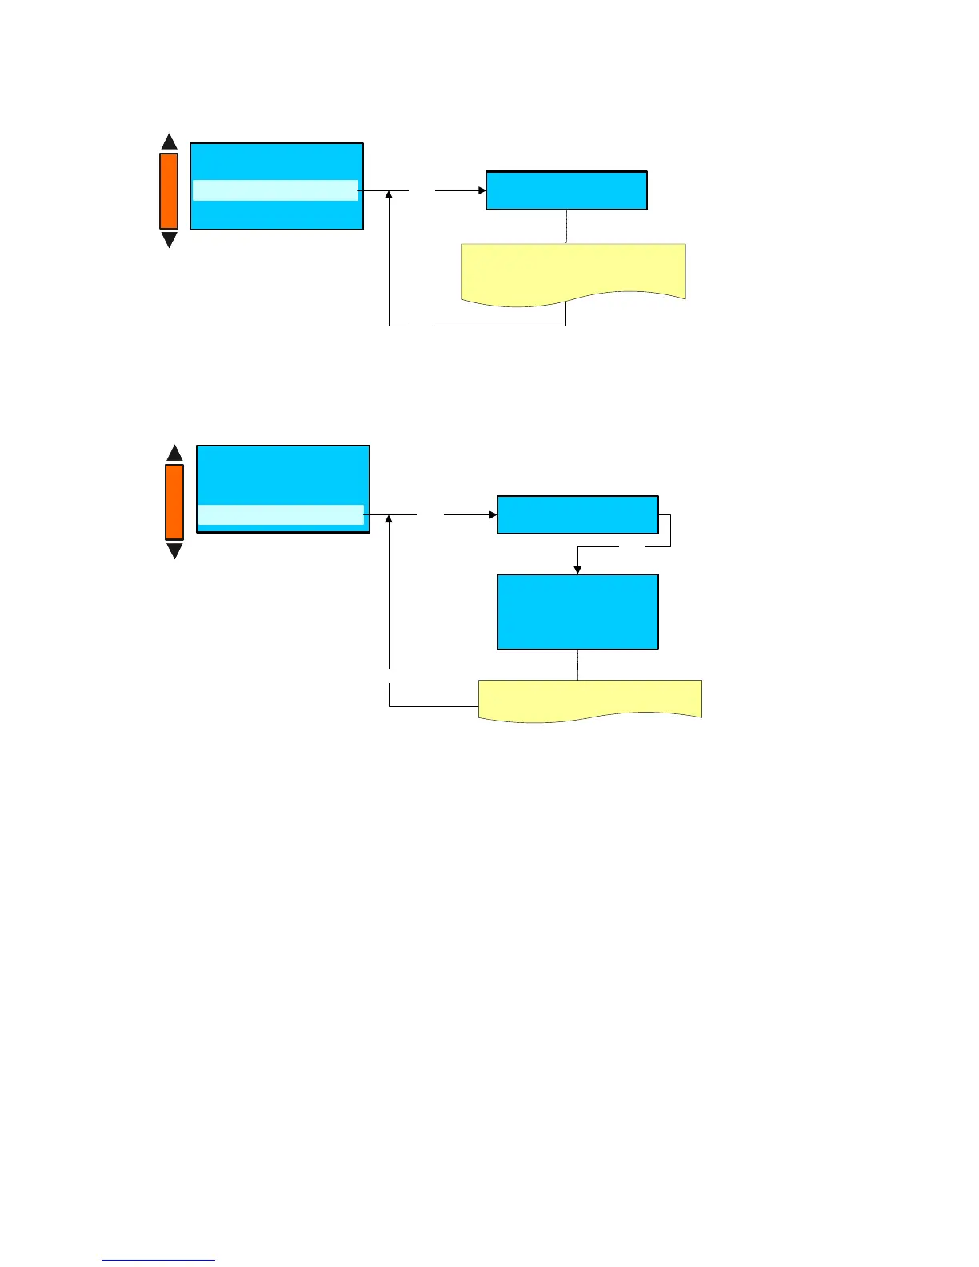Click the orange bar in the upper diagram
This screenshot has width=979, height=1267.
[x=169, y=191]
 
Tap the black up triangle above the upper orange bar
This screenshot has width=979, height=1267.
[x=169, y=143]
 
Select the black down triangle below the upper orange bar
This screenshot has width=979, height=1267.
[x=169, y=239]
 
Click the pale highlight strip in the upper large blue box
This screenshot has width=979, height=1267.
[x=275, y=190]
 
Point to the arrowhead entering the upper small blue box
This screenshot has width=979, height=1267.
[x=482, y=190]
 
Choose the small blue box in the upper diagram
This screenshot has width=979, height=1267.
[x=566, y=190]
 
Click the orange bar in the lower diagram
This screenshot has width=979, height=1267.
[x=174, y=502]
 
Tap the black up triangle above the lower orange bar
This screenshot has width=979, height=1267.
[x=174, y=454]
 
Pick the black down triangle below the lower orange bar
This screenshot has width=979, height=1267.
[x=174, y=550]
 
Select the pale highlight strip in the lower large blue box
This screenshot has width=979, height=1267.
[x=281, y=515]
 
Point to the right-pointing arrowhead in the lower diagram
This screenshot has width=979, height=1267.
[x=493, y=515]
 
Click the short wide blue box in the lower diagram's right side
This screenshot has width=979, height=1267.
[x=577, y=515]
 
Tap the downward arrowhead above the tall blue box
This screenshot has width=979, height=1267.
[x=577, y=570]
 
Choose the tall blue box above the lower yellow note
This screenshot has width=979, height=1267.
[x=577, y=611]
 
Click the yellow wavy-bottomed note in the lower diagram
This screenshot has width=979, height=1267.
[x=589, y=698]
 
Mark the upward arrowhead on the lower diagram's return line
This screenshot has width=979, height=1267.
[x=389, y=520]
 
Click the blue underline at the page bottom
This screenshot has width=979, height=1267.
[x=158, y=1261]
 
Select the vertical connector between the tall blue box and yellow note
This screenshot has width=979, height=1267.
[x=577, y=665]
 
